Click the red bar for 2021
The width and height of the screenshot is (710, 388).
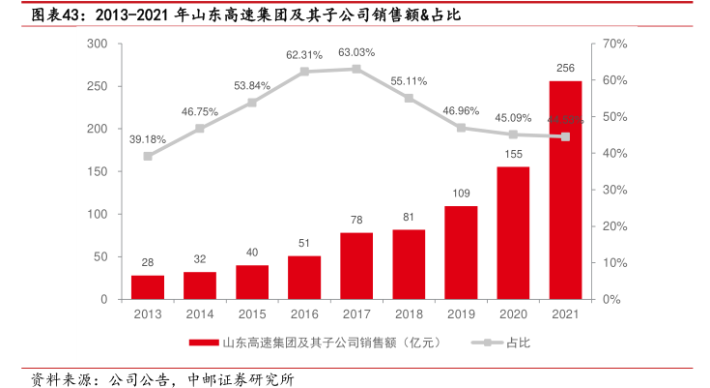[x=565, y=190]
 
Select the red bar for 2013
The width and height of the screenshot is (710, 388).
[x=148, y=287]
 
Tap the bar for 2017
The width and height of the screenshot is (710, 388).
[x=356, y=266]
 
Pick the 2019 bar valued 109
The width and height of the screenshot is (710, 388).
[x=461, y=253]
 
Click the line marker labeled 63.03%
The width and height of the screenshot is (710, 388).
[x=356, y=69]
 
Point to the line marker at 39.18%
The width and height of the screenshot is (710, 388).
[x=148, y=156]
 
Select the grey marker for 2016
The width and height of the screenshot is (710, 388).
[x=304, y=72]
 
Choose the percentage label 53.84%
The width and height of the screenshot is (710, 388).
[x=252, y=85]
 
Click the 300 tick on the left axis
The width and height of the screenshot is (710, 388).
[x=97, y=44]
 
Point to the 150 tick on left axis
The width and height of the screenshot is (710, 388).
[x=97, y=171]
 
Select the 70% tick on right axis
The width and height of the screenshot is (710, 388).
[x=615, y=44]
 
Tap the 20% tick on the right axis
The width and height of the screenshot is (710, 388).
[x=615, y=226]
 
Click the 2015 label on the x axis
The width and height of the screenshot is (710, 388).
[x=252, y=314]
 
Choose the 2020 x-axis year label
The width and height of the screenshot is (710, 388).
[x=513, y=314]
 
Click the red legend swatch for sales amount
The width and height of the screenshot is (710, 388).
[x=203, y=342]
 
